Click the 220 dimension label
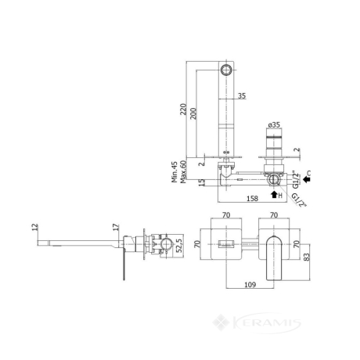[183, 109]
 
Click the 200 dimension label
[193, 113]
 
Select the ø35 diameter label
[274, 125]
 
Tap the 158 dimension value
[252, 199]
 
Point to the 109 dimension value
[250, 285]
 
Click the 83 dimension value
[308, 257]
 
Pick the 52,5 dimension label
[179, 246]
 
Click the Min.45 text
[175, 171]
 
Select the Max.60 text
[183, 171]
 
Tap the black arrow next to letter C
[306, 179]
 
